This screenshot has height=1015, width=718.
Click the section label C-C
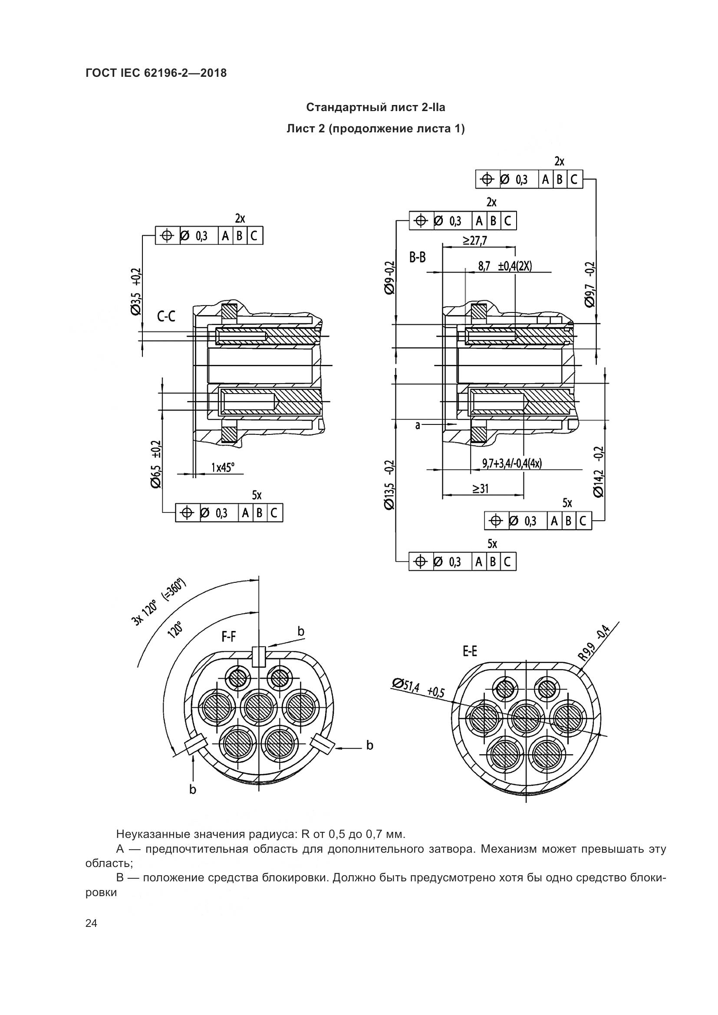coord(166,316)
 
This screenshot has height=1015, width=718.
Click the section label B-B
coord(417,257)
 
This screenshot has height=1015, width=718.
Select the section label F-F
coord(229,637)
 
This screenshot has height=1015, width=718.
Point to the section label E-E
coord(470,651)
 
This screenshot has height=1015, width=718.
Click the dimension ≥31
coord(480,488)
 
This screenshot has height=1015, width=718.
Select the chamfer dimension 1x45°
coord(223,467)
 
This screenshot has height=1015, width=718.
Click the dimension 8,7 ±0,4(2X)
coord(505,266)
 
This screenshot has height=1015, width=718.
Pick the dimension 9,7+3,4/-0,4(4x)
coord(512,463)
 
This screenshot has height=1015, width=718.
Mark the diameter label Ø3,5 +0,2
coord(136,291)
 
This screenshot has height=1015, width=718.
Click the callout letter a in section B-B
coord(417,425)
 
